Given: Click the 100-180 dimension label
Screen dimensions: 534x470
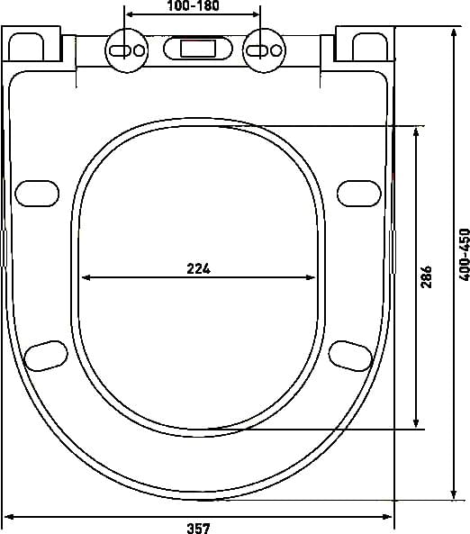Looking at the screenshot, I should [x=194, y=7].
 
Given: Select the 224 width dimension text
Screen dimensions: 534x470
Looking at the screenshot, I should [x=199, y=267].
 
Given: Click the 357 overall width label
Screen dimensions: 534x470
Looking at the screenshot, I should [x=199, y=528].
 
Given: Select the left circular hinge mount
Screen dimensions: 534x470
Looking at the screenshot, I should [x=127, y=49].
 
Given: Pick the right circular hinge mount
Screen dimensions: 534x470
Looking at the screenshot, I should [x=262, y=49].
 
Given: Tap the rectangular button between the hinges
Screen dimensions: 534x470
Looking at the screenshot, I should [x=194, y=49].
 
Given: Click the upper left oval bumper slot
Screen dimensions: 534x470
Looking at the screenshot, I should [x=37, y=192].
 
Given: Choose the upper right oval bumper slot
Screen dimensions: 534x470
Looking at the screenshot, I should [x=358, y=192].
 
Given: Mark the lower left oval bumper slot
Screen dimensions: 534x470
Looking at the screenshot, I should [x=45, y=355].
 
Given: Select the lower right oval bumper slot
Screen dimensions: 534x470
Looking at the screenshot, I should [x=350, y=355].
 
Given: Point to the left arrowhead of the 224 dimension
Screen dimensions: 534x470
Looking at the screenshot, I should [x=86, y=277].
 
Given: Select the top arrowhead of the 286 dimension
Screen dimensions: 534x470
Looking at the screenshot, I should [x=416, y=131].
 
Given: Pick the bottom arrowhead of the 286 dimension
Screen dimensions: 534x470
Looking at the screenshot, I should [x=416, y=422].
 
